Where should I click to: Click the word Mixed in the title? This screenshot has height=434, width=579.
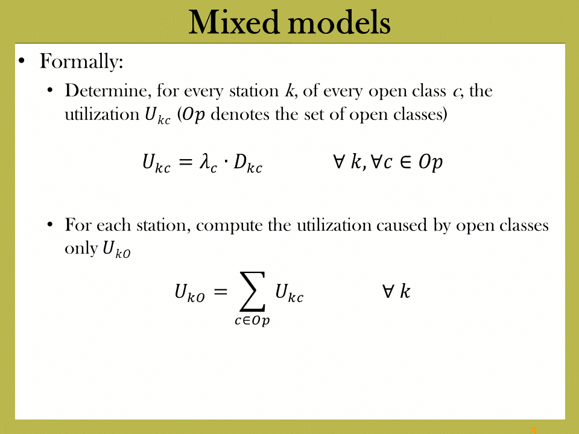click(233, 22)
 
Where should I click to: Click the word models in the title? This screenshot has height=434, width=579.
click(339, 22)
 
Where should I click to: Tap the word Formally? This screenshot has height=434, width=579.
click(81, 61)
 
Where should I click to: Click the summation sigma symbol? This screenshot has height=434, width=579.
click(253, 292)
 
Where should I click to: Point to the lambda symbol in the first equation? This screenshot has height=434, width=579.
click(205, 162)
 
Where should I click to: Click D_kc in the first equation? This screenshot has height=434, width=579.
click(248, 163)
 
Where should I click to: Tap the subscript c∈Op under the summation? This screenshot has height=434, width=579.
click(252, 320)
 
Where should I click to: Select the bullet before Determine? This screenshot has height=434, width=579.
click(50, 90)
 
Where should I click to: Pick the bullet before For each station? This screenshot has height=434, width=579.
click(50, 225)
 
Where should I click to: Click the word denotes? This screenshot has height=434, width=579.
click(240, 114)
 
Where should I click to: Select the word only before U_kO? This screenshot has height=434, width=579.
click(81, 248)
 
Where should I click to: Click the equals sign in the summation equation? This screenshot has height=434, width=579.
click(221, 292)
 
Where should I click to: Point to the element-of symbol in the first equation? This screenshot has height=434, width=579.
click(405, 162)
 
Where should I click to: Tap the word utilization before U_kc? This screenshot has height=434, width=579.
click(102, 114)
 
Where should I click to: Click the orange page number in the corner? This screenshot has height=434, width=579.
click(533, 430)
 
